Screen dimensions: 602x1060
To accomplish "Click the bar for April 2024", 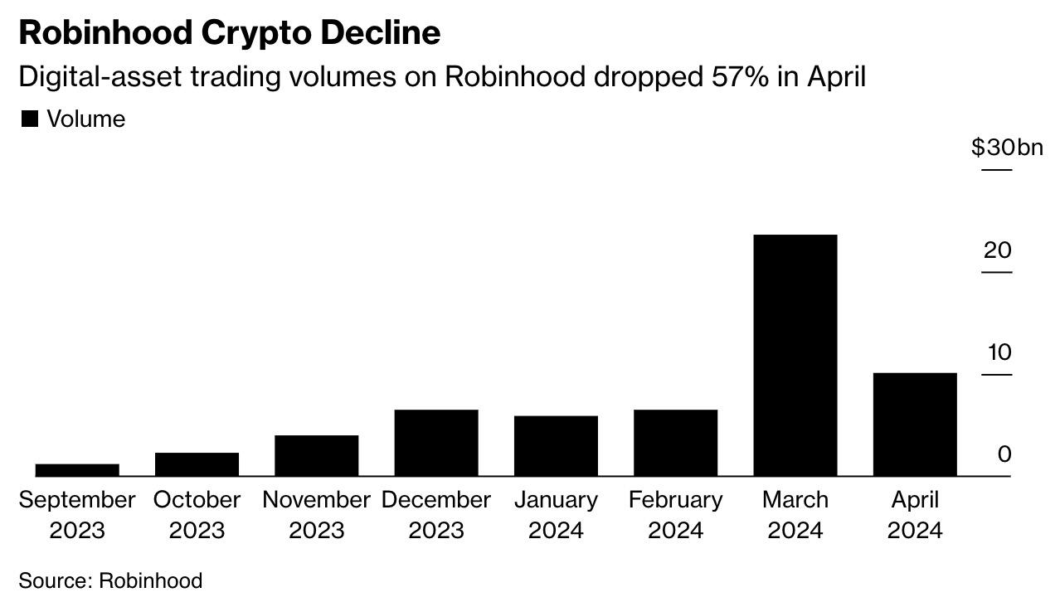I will pyautogui.click(x=915, y=424).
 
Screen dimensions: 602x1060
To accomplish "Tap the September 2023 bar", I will pyautogui.click(x=77, y=469).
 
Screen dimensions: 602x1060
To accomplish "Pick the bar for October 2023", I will pyautogui.click(x=197, y=464).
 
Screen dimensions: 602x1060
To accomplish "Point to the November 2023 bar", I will pyautogui.click(x=316, y=455).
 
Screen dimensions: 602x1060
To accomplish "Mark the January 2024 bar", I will pyautogui.click(x=556, y=445).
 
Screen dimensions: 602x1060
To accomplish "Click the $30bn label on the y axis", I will pyautogui.click(x=1006, y=148).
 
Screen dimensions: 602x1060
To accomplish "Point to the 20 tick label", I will pyautogui.click(x=997, y=250).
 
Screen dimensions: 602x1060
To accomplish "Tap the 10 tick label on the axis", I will pyautogui.click(x=999, y=352).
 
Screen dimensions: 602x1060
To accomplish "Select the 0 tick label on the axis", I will pyautogui.click(x=1004, y=454).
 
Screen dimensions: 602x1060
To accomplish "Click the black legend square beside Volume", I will pyautogui.click(x=29, y=119).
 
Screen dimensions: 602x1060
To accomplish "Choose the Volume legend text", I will pyautogui.click(x=85, y=119).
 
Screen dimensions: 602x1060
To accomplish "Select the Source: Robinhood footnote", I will pyautogui.click(x=110, y=580).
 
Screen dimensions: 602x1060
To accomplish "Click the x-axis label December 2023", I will pyautogui.click(x=436, y=514).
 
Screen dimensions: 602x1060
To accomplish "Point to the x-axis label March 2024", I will pyautogui.click(x=795, y=514).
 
